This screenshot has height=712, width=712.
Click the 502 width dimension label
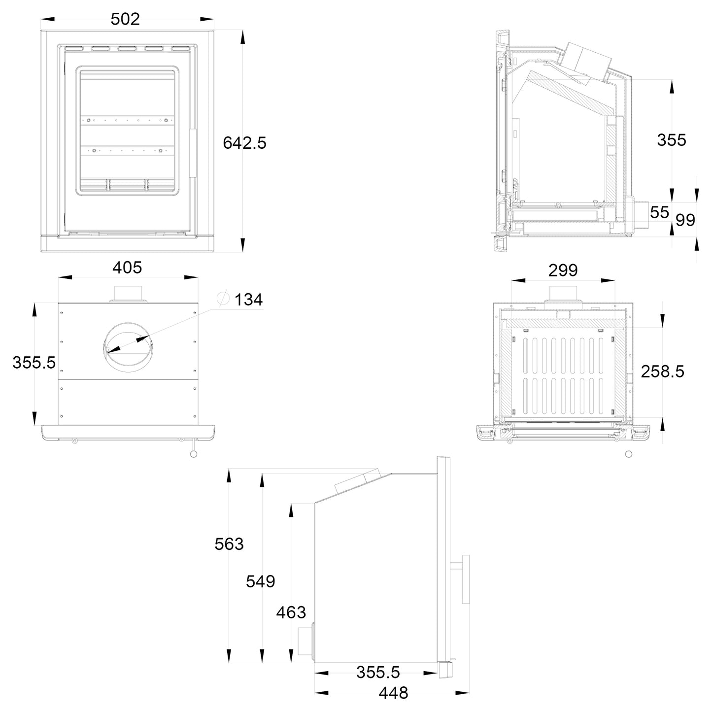click(125, 19)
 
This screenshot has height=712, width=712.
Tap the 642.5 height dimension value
click(244, 143)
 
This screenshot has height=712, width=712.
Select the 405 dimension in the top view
click(127, 268)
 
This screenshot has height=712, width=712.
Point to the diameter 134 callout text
click(248, 300)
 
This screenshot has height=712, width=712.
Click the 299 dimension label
click(563, 271)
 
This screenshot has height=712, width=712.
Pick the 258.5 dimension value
click(663, 372)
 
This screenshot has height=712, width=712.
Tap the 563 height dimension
click(229, 544)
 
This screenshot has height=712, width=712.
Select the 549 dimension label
click(261, 581)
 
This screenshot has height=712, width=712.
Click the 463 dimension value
click(291, 612)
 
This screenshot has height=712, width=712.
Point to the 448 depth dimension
click(394, 693)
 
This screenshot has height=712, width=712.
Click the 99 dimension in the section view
click(685, 220)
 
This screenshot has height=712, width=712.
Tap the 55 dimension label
click(660, 212)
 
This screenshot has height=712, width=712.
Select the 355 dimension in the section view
click(672, 140)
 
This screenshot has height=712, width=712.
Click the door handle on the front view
click(193, 153)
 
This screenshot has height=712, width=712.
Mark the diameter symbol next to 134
click(223, 299)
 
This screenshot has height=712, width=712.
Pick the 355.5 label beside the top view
click(34, 363)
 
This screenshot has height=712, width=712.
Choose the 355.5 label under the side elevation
click(378, 673)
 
